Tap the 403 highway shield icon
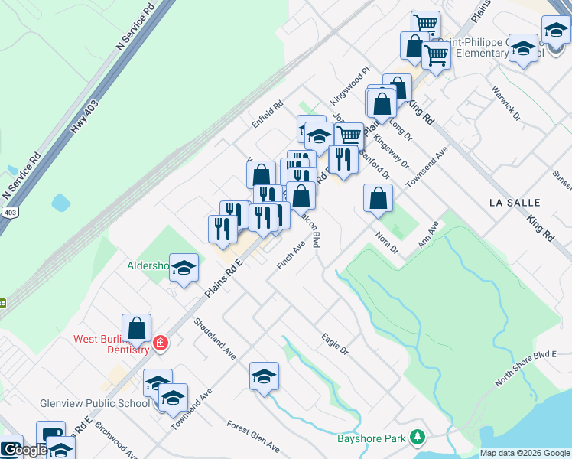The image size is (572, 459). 8,212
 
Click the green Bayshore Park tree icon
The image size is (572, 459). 417,438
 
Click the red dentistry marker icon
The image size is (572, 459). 160,342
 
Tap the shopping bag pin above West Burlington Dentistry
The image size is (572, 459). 136,329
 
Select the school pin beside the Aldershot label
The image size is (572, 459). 184,269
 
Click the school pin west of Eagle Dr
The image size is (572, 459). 264,377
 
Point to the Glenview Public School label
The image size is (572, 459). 95,403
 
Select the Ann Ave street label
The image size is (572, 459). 427,235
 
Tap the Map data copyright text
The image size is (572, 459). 525,453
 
